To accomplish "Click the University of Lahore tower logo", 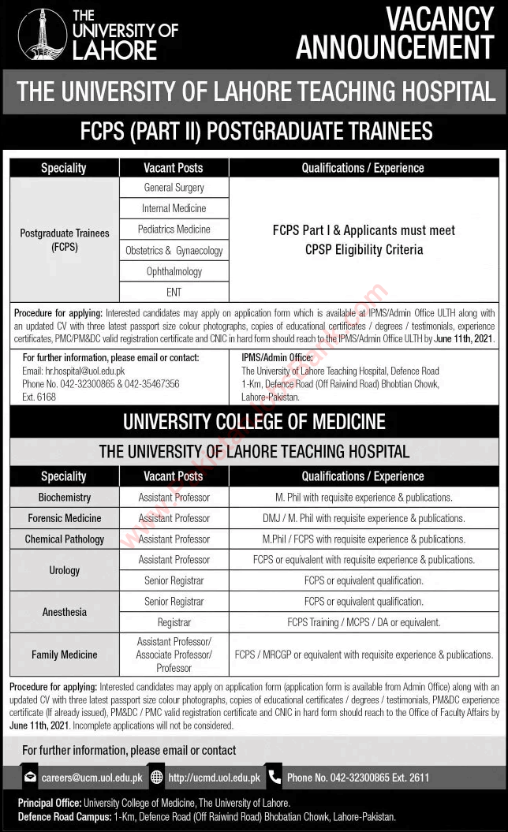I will point(42,35).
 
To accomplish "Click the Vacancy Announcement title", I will point(394,32).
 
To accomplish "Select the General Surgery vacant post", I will point(174,188).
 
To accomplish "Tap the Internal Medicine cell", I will point(174,208).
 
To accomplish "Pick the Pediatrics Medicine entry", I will point(174,229).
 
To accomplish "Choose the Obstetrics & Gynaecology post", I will point(174,251).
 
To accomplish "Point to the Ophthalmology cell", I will point(174,271).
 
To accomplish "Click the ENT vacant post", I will point(174,292).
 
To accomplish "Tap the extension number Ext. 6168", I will point(39,397).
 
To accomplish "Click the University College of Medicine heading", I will point(254,422).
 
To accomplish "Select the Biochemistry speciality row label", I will point(65,498).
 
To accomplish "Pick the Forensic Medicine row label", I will point(65,518).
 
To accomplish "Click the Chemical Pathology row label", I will point(65,539).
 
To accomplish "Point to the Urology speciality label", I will point(65,570).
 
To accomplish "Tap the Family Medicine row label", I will point(65,655).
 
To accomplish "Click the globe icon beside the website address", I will point(156,777).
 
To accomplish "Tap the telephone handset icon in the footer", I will point(273,777).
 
